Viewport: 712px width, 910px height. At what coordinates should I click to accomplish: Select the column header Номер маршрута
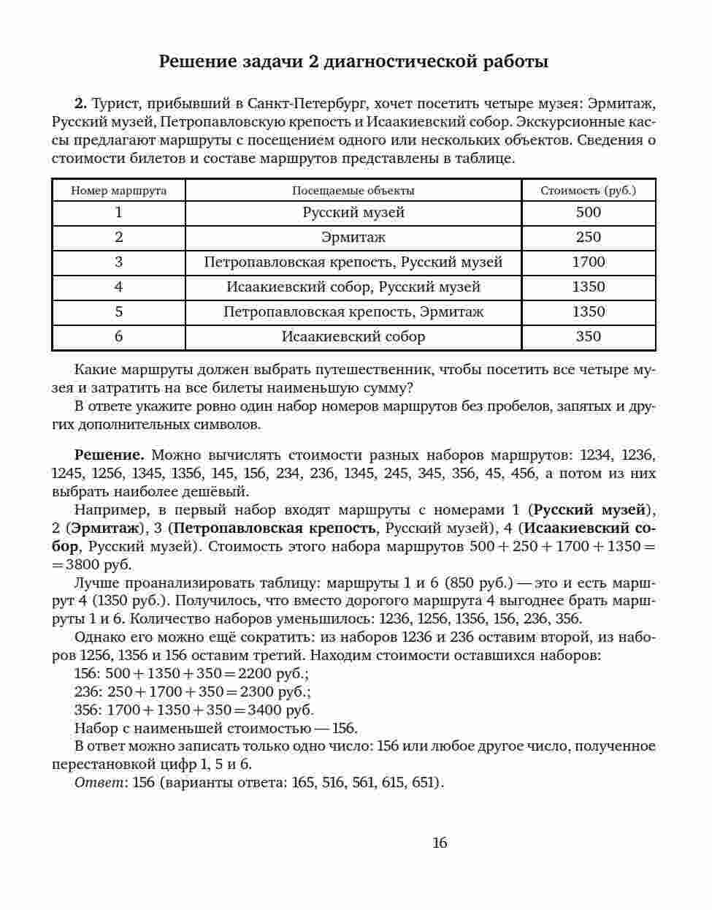(118, 191)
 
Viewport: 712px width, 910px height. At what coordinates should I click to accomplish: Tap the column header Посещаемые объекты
(353, 191)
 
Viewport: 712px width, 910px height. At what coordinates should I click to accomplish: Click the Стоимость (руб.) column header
(588, 191)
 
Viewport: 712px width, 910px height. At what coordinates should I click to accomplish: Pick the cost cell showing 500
(588, 213)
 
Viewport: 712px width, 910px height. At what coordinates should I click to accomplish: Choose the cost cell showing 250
(588, 238)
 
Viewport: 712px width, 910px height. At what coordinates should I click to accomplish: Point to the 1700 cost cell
(588, 262)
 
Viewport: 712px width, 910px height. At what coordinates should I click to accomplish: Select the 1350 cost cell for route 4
(588, 287)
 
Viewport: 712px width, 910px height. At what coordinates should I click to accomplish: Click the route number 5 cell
(118, 312)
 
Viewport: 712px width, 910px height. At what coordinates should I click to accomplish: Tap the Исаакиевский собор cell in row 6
(353, 337)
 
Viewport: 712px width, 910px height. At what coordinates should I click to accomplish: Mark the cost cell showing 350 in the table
(588, 337)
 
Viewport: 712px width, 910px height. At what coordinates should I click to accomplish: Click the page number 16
(440, 843)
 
